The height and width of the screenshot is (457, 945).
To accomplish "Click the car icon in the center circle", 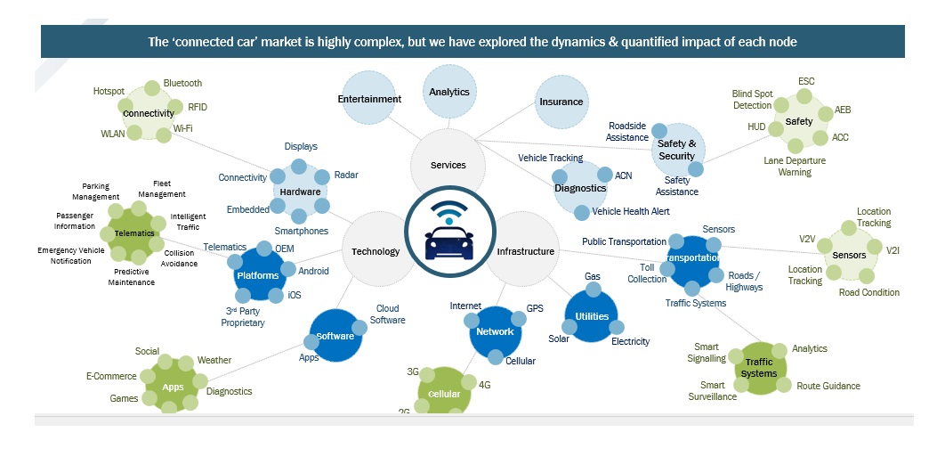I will click(449, 238).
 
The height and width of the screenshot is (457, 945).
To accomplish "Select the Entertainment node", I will click(369, 99).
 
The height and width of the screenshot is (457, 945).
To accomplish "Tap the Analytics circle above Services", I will click(449, 92).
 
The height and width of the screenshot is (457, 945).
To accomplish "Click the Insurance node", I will click(561, 102).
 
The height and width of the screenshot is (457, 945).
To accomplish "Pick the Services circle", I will click(448, 165).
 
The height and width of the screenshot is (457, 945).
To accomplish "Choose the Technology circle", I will click(376, 251).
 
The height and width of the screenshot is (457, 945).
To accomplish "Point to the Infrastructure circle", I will click(525, 251).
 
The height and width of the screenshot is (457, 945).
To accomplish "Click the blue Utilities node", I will click(592, 316).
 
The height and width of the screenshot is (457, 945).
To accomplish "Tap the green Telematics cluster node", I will click(134, 233).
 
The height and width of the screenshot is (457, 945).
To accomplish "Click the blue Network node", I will click(495, 331).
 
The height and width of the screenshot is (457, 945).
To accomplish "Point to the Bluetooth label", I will click(182, 83).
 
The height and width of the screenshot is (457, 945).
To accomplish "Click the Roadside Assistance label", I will click(627, 132).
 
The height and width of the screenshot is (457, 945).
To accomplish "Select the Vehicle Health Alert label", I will click(631, 211).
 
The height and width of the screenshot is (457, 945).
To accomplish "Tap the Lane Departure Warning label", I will click(795, 167).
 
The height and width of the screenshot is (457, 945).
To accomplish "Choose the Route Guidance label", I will click(828, 386).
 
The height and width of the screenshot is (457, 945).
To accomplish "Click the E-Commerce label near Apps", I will click(111, 376).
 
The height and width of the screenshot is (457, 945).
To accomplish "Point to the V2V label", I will click(807, 239).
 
